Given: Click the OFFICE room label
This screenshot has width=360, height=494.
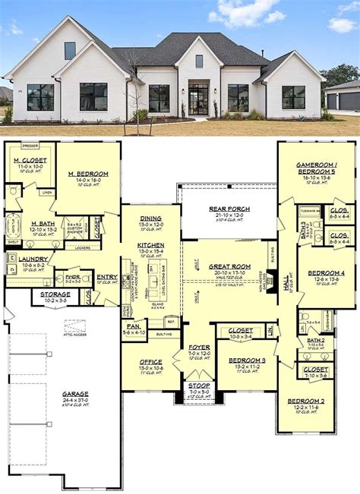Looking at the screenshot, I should coord(150,362).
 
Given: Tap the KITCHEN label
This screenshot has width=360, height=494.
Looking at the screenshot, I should coord(151,245).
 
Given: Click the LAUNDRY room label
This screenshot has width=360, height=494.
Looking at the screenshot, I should coord(28,259).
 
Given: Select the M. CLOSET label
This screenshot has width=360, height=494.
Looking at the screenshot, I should coord(30,161).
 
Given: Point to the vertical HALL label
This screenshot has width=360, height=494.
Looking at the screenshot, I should coord(286,283).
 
